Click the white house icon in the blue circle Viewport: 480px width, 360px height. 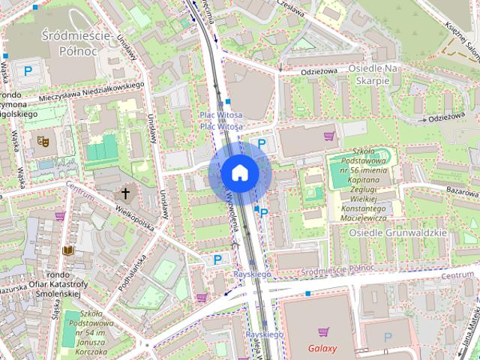tap(240, 172)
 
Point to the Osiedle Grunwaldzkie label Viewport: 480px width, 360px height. tap(397, 232)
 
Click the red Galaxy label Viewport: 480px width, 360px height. tap(322, 348)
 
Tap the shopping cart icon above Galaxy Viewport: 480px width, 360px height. tap(323, 331)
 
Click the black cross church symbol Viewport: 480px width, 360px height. tap(125, 194)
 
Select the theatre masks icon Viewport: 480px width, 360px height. tap(43, 140)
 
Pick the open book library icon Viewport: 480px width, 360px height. tap(69, 250)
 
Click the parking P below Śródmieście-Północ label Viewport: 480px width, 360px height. tap(28, 71)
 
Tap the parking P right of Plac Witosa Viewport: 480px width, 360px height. tap(262, 143)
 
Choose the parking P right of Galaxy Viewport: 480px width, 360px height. tap(388, 338)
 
